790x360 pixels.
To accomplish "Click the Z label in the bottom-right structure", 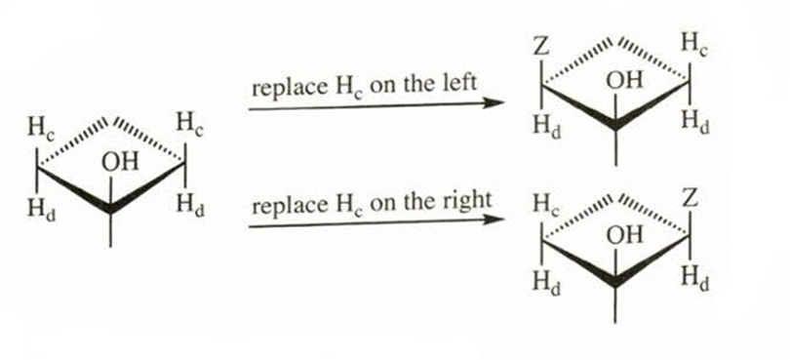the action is click(x=691, y=199).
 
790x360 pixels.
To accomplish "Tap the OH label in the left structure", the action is click(x=120, y=162).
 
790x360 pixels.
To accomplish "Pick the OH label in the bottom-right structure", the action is click(x=625, y=235).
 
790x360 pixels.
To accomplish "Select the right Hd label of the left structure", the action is click(x=190, y=206).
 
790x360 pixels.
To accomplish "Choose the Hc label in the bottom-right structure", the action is click(x=547, y=205).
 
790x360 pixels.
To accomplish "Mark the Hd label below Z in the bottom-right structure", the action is click(x=696, y=279).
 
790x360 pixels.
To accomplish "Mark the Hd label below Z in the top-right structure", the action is click(x=547, y=127).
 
